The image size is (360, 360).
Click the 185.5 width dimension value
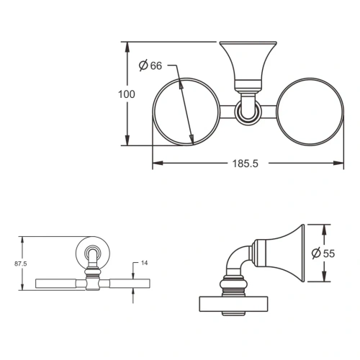[x=246, y=163]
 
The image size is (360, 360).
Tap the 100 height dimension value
[x=127, y=94]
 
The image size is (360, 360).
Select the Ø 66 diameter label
[x=150, y=66]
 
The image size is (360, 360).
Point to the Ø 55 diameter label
[x=323, y=253]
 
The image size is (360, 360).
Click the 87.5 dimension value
[x=21, y=264]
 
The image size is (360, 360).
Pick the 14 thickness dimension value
[x=144, y=263]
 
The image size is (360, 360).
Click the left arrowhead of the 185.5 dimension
[x=158, y=163]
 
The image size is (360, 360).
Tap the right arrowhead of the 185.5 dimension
[x=338, y=163]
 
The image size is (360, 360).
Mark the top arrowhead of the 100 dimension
[x=127, y=48]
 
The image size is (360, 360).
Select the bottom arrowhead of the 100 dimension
[x=127, y=140]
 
